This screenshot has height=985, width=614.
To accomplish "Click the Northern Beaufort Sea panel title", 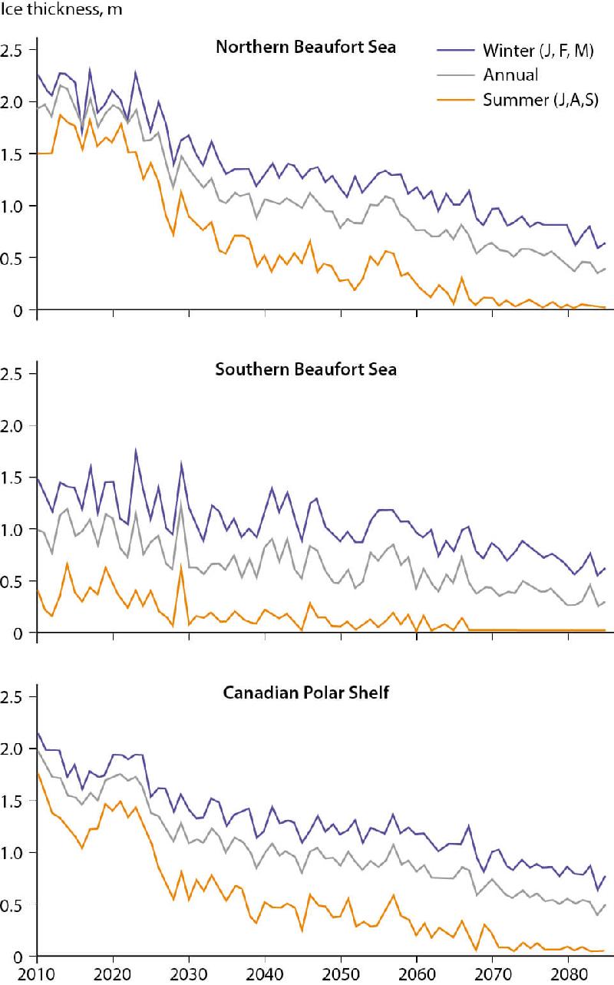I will [x=305, y=48].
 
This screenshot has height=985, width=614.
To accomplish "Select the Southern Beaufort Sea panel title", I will [x=305, y=369].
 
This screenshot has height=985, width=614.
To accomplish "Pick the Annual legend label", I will [x=510, y=74].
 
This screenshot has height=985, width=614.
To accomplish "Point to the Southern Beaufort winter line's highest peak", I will [x=135, y=450].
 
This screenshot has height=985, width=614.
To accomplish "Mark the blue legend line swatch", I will [x=456, y=51].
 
